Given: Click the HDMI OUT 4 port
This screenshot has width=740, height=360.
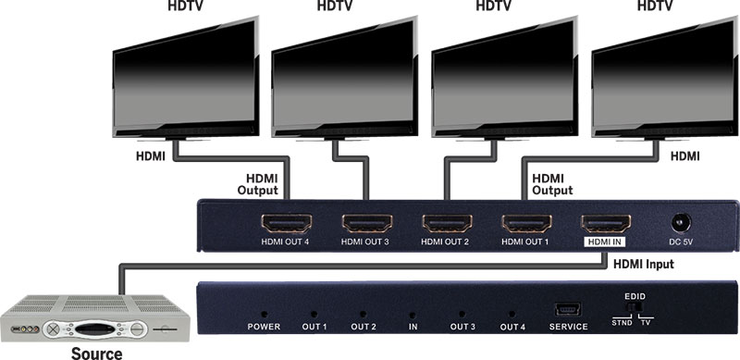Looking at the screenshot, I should (x=288, y=224).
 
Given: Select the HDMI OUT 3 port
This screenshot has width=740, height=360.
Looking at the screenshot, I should (x=367, y=224).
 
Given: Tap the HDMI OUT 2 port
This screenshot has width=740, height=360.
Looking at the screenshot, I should (x=447, y=224).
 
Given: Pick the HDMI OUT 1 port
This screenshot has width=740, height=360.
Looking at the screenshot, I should (x=526, y=224).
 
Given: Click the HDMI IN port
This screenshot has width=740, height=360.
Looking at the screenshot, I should (x=606, y=224).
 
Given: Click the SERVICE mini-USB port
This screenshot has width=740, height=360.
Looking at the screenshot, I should (x=568, y=310).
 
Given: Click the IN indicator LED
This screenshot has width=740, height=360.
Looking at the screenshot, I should (x=412, y=315).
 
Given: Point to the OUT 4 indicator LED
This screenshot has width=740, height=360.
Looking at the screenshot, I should (x=512, y=315).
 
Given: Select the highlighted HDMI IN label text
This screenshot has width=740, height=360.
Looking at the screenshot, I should (x=606, y=242).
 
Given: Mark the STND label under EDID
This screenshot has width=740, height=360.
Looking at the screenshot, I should (x=623, y=323).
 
